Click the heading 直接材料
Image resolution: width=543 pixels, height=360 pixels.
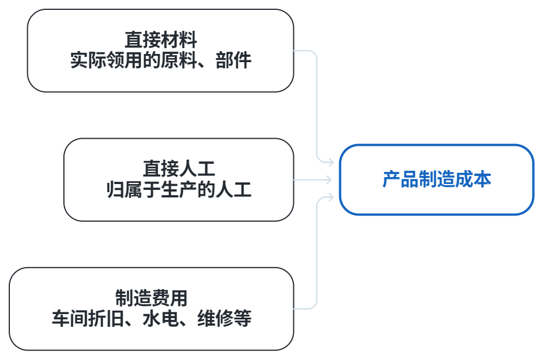click(161, 40)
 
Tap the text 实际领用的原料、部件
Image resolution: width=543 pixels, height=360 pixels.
click(161, 60)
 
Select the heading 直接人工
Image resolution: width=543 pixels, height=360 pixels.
click(179, 169)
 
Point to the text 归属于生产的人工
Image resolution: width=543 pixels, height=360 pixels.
click(179, 189)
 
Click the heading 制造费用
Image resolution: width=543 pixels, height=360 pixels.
click(152, 298)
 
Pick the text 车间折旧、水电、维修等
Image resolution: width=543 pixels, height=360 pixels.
click(152, 318)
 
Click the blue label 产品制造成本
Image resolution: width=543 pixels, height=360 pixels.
click(437, 179)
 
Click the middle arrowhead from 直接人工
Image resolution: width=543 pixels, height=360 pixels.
click(328, 179)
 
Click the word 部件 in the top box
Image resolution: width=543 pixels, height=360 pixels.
click(233, 60)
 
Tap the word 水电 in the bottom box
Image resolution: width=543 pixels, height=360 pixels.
click(161, 318)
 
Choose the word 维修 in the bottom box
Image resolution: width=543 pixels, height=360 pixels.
click(215, 318)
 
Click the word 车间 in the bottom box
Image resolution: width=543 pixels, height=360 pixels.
click(70, 318)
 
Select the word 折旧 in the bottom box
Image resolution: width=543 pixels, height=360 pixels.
click(106, 318)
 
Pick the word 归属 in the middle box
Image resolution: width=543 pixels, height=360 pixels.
click(125, 189)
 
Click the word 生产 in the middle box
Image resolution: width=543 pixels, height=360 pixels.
click(179, 189)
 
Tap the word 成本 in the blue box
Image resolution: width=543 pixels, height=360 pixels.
click(473, 179)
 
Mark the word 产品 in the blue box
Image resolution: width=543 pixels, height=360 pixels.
click(400, 179)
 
